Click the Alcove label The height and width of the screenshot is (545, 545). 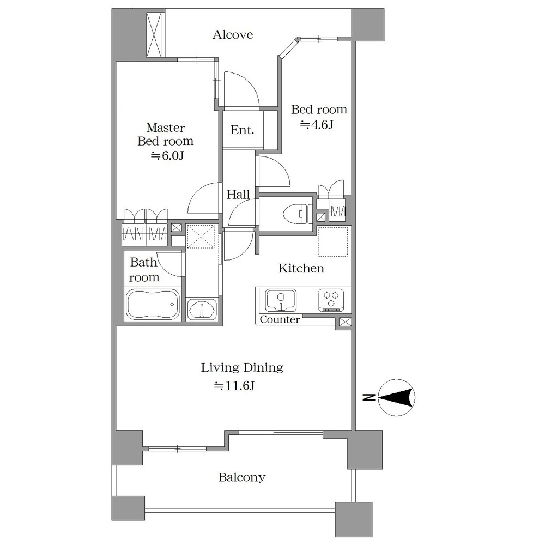click(233, 35)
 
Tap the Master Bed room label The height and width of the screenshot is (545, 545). click(166, 134)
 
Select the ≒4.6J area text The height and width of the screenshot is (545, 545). click(317, 124)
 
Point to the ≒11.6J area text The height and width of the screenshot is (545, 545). click(234, 385)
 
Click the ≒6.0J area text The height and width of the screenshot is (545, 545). click(167, 155)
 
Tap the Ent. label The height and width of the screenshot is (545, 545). click(243, 130)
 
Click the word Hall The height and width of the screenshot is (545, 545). click(238, 195)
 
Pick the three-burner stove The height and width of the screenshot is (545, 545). click(331, 300)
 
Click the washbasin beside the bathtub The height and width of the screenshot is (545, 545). click(202, 309)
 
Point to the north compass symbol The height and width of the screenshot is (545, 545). click(396, 397)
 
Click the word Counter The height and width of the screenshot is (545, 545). click(280, 319)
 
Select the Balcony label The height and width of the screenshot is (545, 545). click(242, 477)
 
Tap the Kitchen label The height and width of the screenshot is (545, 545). click(301, 268)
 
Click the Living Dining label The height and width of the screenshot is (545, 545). click(242, 367)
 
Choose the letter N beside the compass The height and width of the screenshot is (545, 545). click(369, 397)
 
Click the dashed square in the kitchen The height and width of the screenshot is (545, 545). click(333, 242)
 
